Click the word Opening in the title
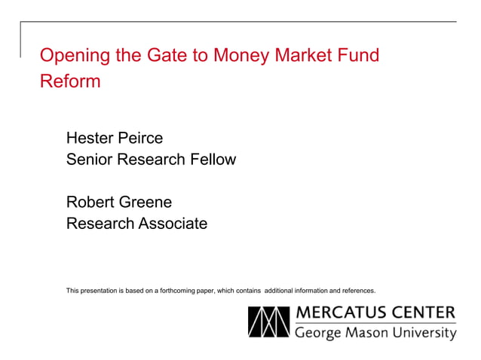pyautogui.click(x=72, y=56)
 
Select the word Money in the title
pyautogui.click(x=244, y=56)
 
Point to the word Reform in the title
pyautogui.click(x=70, y=81)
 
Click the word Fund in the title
pyautogui.click(x=359, y=56)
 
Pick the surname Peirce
pyautogui.click(x=141, y=138)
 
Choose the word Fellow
pyautogui.click(x=212, y=160)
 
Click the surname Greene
pyautogui.click(x=146, y=203)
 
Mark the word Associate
pyautogui.click(x=170, y=224)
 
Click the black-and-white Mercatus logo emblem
pyautogui.click(x=268, y=322)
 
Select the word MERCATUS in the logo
pyautogui.click(x=345, y=313)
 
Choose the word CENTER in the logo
pyautogui.click(x=427, y=313)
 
